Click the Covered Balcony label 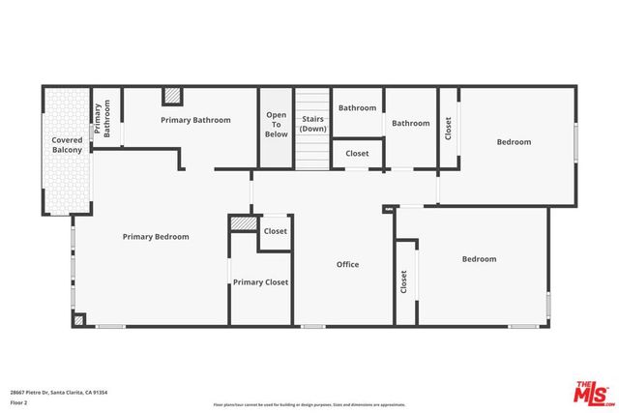(67, 145)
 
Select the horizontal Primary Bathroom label (195, 120)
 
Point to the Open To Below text (277, 125)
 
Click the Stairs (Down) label (312, 124)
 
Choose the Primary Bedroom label (156, 236)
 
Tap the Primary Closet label (260, 281)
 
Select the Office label (347, 264)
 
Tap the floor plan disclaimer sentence (309, 403)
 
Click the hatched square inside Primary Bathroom (172, 96)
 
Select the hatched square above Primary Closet (242, 223)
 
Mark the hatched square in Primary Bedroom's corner (79, 319)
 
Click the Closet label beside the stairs (357, 153)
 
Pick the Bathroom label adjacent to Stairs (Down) (357, 107)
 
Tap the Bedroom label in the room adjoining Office (479, 258)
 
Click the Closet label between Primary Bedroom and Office (276, 231)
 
